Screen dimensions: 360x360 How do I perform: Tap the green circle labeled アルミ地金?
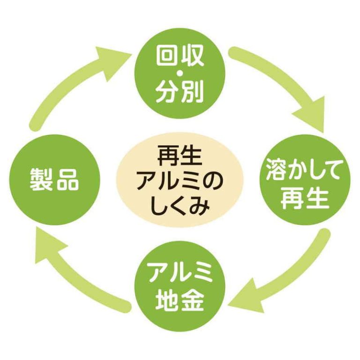(x=180, y=287)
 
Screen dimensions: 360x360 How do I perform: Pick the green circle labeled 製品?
(x=54, y=179)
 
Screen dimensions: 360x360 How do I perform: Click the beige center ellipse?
(x=180, y=180)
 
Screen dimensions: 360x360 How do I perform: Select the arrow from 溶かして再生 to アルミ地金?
(x=286, y=277)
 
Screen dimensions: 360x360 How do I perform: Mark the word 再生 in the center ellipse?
(x=180, y=155)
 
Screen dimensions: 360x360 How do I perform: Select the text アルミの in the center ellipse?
(x=180, y=181)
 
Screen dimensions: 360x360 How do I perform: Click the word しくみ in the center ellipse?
(x=180, y=205)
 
